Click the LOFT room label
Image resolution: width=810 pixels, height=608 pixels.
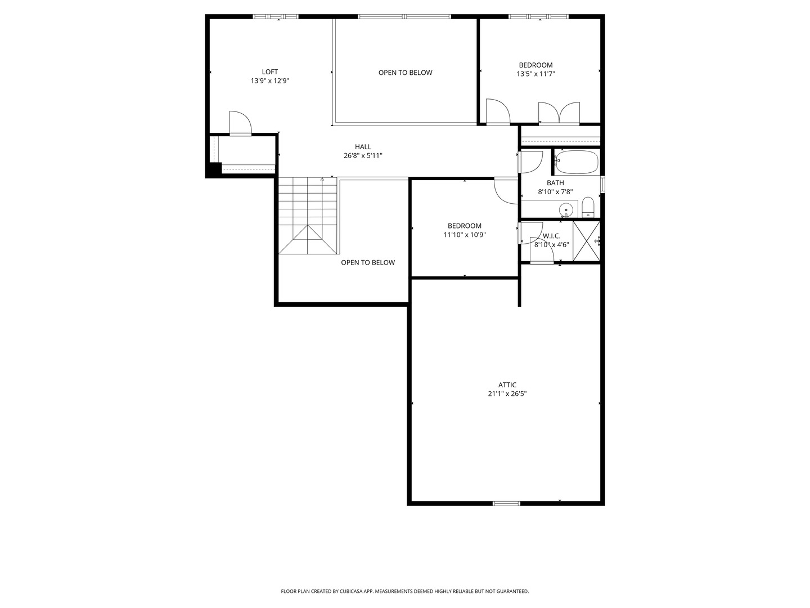tap(269, 71)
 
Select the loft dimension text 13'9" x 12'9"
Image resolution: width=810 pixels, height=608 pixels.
tap(269, 81)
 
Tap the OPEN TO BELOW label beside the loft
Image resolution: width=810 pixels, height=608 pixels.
tap(405, 73)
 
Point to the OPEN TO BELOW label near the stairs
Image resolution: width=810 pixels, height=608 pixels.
tap(368, 262)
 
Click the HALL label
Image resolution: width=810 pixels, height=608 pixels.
tap(363, 147)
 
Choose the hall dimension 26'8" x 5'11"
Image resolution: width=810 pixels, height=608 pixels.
tap(363, 156)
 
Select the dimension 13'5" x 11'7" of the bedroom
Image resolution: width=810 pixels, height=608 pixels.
tap(535, 74)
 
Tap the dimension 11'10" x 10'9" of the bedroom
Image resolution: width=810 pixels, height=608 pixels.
tap(464, 235)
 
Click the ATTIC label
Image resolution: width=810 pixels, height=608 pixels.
tap(507, 385)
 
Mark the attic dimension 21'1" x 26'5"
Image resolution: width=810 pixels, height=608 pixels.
tap(507, 394)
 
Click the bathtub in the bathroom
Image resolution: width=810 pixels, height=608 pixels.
tap(576, 162)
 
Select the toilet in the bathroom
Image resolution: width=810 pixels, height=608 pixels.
tap(587, 207)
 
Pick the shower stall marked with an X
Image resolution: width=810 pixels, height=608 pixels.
tap(586, 242)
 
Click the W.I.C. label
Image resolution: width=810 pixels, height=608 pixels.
tap(551, 236)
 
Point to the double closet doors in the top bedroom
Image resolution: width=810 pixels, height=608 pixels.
tap(559, 113)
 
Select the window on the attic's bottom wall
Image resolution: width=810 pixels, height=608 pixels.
tap(506, 503)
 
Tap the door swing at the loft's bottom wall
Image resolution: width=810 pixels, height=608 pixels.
tap(240, 123)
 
